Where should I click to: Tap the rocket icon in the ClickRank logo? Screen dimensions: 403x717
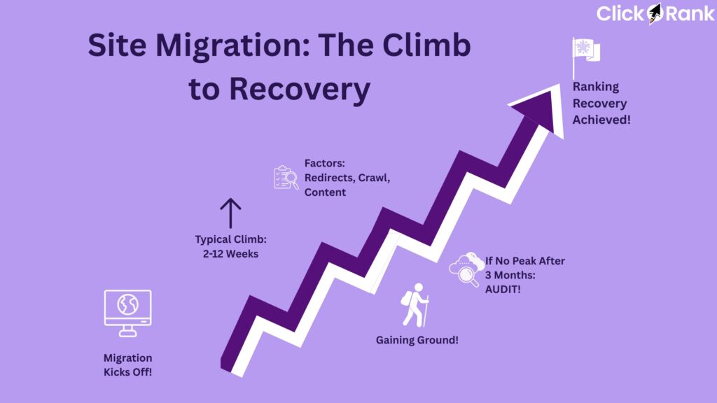tap(654, 13)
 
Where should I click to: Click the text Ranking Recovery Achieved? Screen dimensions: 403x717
tap(599, 104)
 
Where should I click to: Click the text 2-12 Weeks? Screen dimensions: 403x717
tap(230, 254)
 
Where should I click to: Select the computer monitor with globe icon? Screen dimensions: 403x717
tap(127, 312)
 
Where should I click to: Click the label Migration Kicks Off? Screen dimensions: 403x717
tap(127, 365)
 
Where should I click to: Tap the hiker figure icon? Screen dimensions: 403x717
tap(415, 305)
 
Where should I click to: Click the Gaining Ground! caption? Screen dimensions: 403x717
tap(417, 341)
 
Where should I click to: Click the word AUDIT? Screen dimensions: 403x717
tap(503, 289)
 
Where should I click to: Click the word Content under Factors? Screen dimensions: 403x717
tap(325, 192)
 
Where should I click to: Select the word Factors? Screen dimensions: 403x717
tap(320, 164)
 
